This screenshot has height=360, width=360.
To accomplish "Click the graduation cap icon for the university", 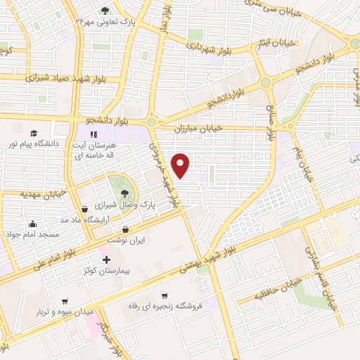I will [x=33, y=133].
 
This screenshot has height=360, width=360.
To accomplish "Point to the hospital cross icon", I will [x=107, y=260].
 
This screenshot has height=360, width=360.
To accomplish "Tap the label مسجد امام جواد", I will [x=29, y=233].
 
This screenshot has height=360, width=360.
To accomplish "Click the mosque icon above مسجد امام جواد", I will [x=31, y=224].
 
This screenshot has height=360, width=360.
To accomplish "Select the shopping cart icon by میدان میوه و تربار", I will [x=65, y=301].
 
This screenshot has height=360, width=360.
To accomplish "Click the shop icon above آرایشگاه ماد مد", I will [x=85, y=209].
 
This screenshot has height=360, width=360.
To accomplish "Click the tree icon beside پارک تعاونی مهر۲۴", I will [x=105, y=11].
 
